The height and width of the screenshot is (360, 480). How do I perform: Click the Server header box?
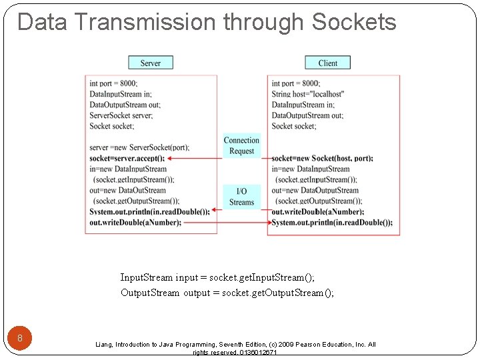[150, 63]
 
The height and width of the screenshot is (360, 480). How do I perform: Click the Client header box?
[327, 63]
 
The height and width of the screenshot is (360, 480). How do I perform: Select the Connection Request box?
[241, 145]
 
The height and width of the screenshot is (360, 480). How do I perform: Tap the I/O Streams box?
[241, 197]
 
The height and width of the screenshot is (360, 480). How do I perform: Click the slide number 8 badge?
[20, 338]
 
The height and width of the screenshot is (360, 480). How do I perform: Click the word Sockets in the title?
[353, 22]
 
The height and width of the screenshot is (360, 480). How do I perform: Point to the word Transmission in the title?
[145, 22]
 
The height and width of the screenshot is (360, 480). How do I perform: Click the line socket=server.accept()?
[127, 158]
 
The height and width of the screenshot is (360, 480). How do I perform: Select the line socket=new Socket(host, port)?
[322, 158]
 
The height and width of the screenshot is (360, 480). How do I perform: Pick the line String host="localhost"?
[307, 94]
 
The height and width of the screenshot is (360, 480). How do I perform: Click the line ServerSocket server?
[121, 115]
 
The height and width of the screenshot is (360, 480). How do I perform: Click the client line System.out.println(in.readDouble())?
[331, 222]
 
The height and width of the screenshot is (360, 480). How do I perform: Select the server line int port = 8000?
[113, 83]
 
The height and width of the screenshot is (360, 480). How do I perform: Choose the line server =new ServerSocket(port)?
[139, 147]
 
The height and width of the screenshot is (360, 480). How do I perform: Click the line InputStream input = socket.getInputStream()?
[217, 277]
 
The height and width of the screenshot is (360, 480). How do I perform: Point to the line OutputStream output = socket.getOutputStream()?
[227, 293]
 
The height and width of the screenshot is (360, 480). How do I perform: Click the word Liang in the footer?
[104, 345]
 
